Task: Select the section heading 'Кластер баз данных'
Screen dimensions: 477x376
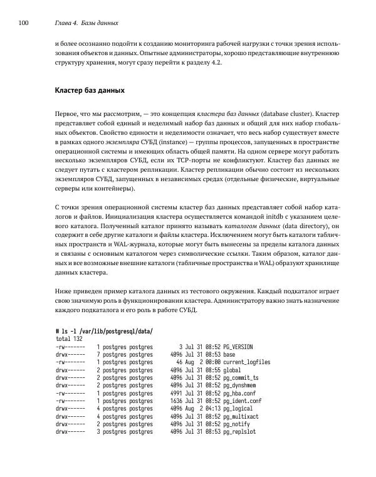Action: (x=90, y=91)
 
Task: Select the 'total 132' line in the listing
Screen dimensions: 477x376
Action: (x=70, y=338)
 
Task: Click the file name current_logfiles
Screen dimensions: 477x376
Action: (x=242, y=362)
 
